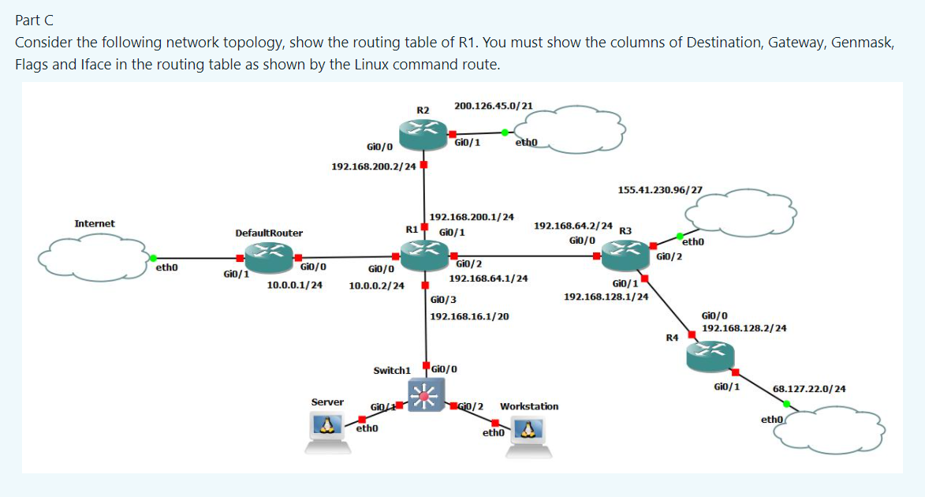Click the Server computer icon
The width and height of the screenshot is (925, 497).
coord(328,432)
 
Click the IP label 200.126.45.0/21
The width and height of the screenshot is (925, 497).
coord(493,105)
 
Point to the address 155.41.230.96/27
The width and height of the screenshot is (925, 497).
coord(660,190)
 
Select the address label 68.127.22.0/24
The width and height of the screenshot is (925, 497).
coord(810,389)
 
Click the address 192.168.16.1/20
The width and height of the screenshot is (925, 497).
coord(469,316)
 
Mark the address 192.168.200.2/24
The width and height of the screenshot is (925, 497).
coord(373,166)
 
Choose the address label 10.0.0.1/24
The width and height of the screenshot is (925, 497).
coord(294,285)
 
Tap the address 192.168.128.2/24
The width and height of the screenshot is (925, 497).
coord(744,327)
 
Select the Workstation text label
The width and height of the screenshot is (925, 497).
coord(529,406)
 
